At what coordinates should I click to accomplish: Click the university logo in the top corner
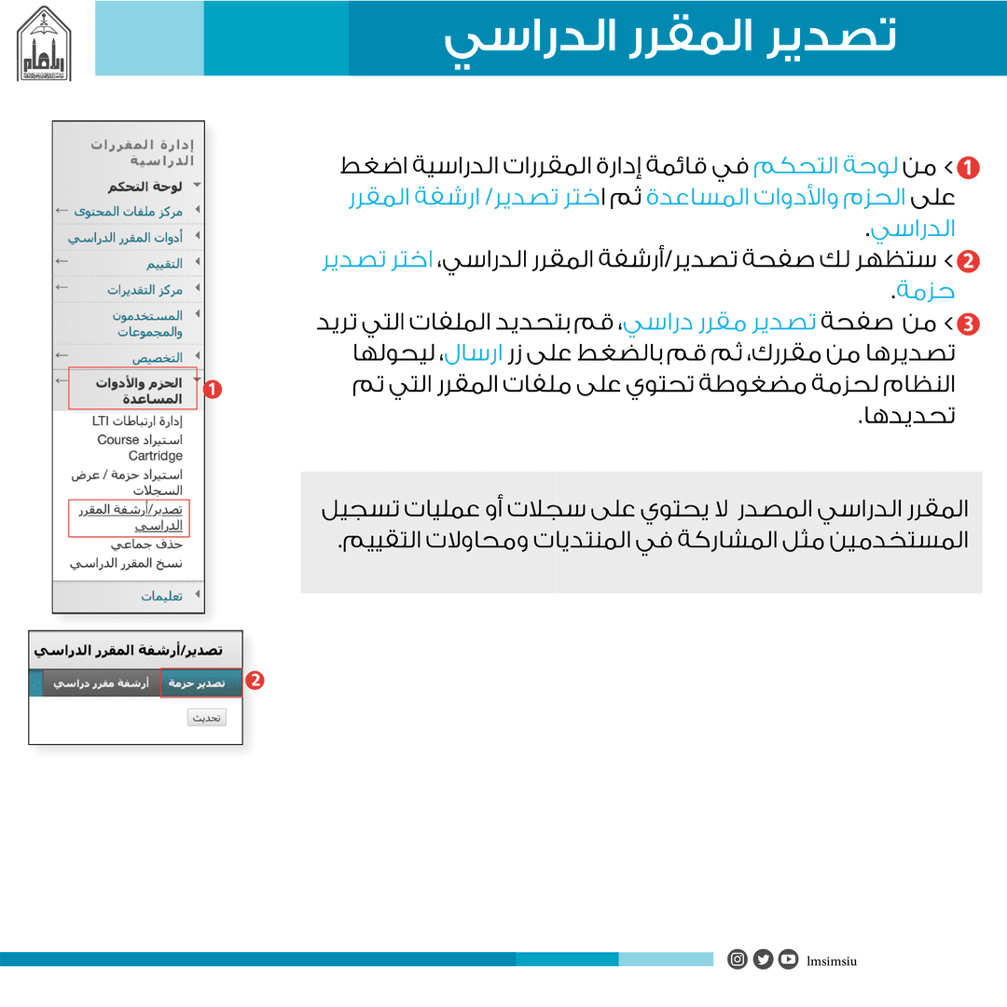(45, 43)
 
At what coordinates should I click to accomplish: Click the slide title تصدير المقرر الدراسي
(669, 38)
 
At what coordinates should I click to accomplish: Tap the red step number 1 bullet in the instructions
(969, 168)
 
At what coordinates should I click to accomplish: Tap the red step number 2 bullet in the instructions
(969, 261)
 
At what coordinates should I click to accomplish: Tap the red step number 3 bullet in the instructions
(969, 324)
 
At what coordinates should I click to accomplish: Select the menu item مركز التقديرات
(145, 290)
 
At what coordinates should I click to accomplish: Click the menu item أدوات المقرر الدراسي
(125, 238)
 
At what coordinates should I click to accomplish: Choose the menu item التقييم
(163, 264)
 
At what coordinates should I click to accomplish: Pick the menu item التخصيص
(157, 357)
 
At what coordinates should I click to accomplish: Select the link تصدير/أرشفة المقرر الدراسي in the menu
(131, 517)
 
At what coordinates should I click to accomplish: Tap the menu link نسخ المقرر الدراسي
(126, 564)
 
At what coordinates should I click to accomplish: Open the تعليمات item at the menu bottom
(161, 596)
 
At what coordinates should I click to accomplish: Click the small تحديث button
(206, 718)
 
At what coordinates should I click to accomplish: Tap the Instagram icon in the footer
(738, 959)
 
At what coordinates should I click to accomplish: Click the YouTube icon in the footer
(789, 959)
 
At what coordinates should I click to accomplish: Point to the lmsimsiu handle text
(832, 960)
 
